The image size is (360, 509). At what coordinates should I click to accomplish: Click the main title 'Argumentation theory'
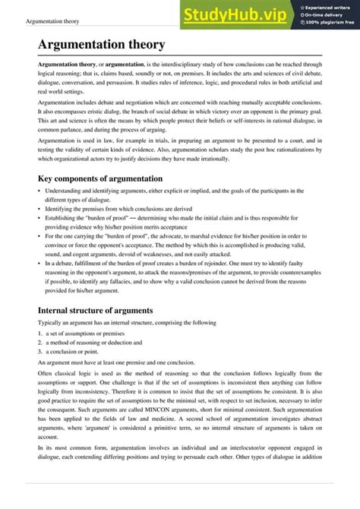coord(101,46)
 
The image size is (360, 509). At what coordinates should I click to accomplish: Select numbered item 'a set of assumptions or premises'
coord(84,333)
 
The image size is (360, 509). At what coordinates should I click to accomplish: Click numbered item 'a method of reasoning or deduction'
coord(87,342)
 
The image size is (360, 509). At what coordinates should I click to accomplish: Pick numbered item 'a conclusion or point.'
coord(73,352)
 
